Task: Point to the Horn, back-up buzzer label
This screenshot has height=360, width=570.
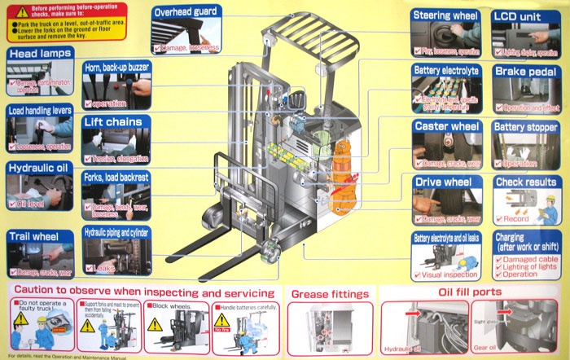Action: pyautogui.click(x=116, y=65)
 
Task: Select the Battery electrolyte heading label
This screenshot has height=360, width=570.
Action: pyautogui.click(x=447, y=71)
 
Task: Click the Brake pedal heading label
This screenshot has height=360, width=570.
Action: pyautogui.click(x=525, y=72)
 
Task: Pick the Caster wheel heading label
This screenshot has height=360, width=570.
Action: pyautogui.click(x=446, y=126)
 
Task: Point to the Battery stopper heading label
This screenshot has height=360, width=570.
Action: pyautogui.click(x=525, y=127)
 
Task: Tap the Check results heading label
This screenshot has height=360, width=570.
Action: pyautogui.click(x=525, y=182)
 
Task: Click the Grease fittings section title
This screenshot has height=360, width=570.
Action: pyautogui.click(x=329, y=293)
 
